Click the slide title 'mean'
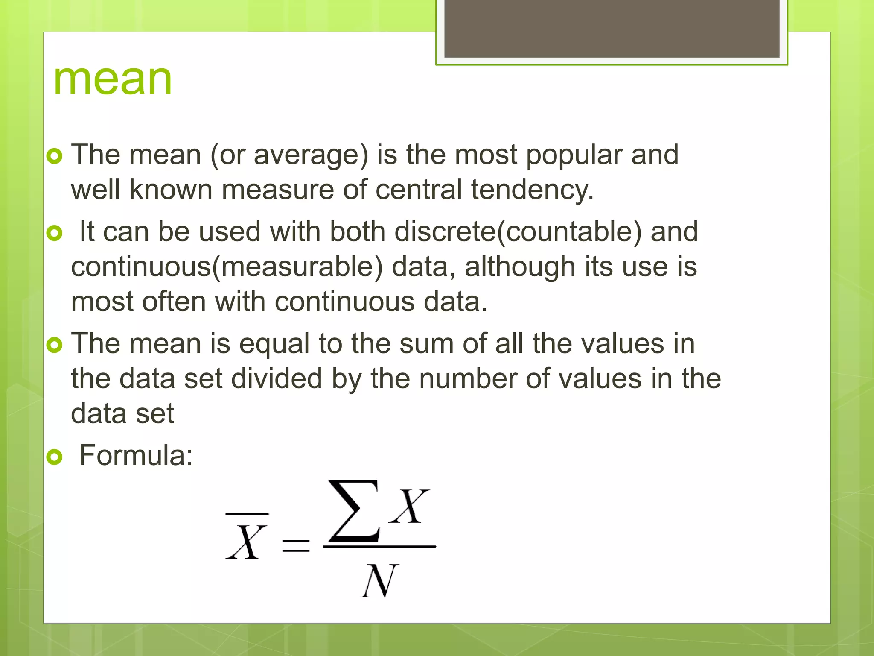(113, 79)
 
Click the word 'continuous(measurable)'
(227, 267)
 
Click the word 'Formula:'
(136, 456)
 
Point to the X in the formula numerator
(410, 507)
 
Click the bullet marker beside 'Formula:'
(55, 457)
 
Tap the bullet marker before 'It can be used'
(55, 233)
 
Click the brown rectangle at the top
(612, 28)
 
